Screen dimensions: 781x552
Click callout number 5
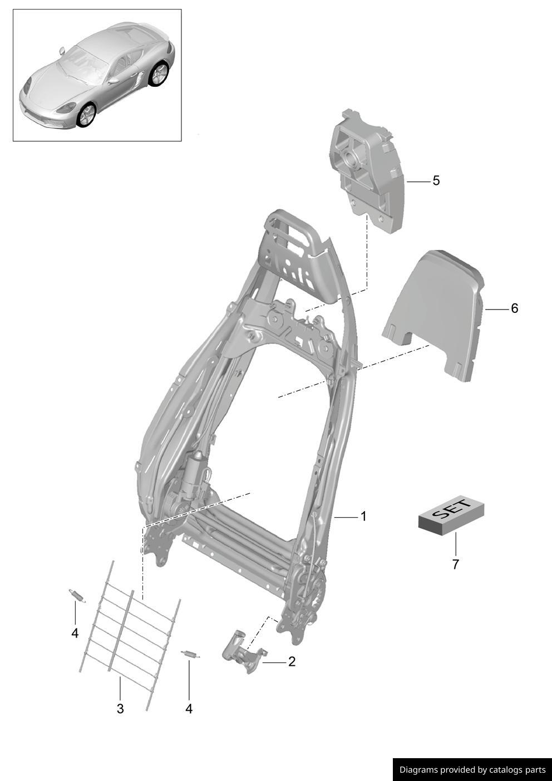[x=436, y=181]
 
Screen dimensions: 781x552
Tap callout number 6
[x=514, y=308]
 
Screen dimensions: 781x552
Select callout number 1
[x=363, y=517]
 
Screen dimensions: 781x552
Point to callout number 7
[x=455, y=564]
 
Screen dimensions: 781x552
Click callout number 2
[x=291, y=662]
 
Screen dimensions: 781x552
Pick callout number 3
[x=120, y=709]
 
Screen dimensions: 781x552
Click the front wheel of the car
[x=87, y=115]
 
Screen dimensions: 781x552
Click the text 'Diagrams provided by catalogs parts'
[x=472, y=770]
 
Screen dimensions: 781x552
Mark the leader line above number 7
[x=455, y=543]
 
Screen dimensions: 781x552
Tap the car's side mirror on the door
[x=114, y=81]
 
